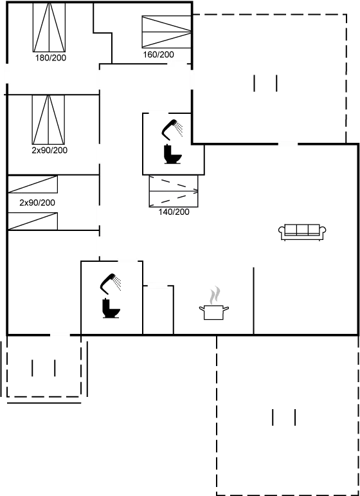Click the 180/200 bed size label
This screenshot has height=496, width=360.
pos(51,58)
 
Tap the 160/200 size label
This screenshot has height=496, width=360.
pos(158,55)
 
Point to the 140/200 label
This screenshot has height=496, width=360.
pos(174,212)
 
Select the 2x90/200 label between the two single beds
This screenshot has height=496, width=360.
pos(37,203)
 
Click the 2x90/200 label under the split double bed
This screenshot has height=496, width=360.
pos(50,151)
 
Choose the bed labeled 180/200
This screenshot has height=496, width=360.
pos(50,27)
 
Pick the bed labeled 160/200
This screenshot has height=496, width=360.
pos(166,32)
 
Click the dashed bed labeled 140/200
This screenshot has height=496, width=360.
pos(174,191)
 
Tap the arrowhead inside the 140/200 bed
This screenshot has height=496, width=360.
pos(196,191)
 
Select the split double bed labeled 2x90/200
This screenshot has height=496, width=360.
pos(48,120)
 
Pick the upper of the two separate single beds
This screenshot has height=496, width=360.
pos(33,184)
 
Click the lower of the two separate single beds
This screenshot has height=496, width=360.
pos(33,221)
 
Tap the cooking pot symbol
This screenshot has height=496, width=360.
pos(214,312)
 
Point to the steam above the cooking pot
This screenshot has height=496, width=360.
pos(215,295)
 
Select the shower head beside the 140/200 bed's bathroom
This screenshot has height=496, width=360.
pos(172,129)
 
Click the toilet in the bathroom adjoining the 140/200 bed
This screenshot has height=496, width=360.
pos(173,154)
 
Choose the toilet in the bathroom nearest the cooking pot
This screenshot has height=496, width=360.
pos(111,308)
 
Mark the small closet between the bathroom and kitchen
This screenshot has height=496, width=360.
pos(158,310)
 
